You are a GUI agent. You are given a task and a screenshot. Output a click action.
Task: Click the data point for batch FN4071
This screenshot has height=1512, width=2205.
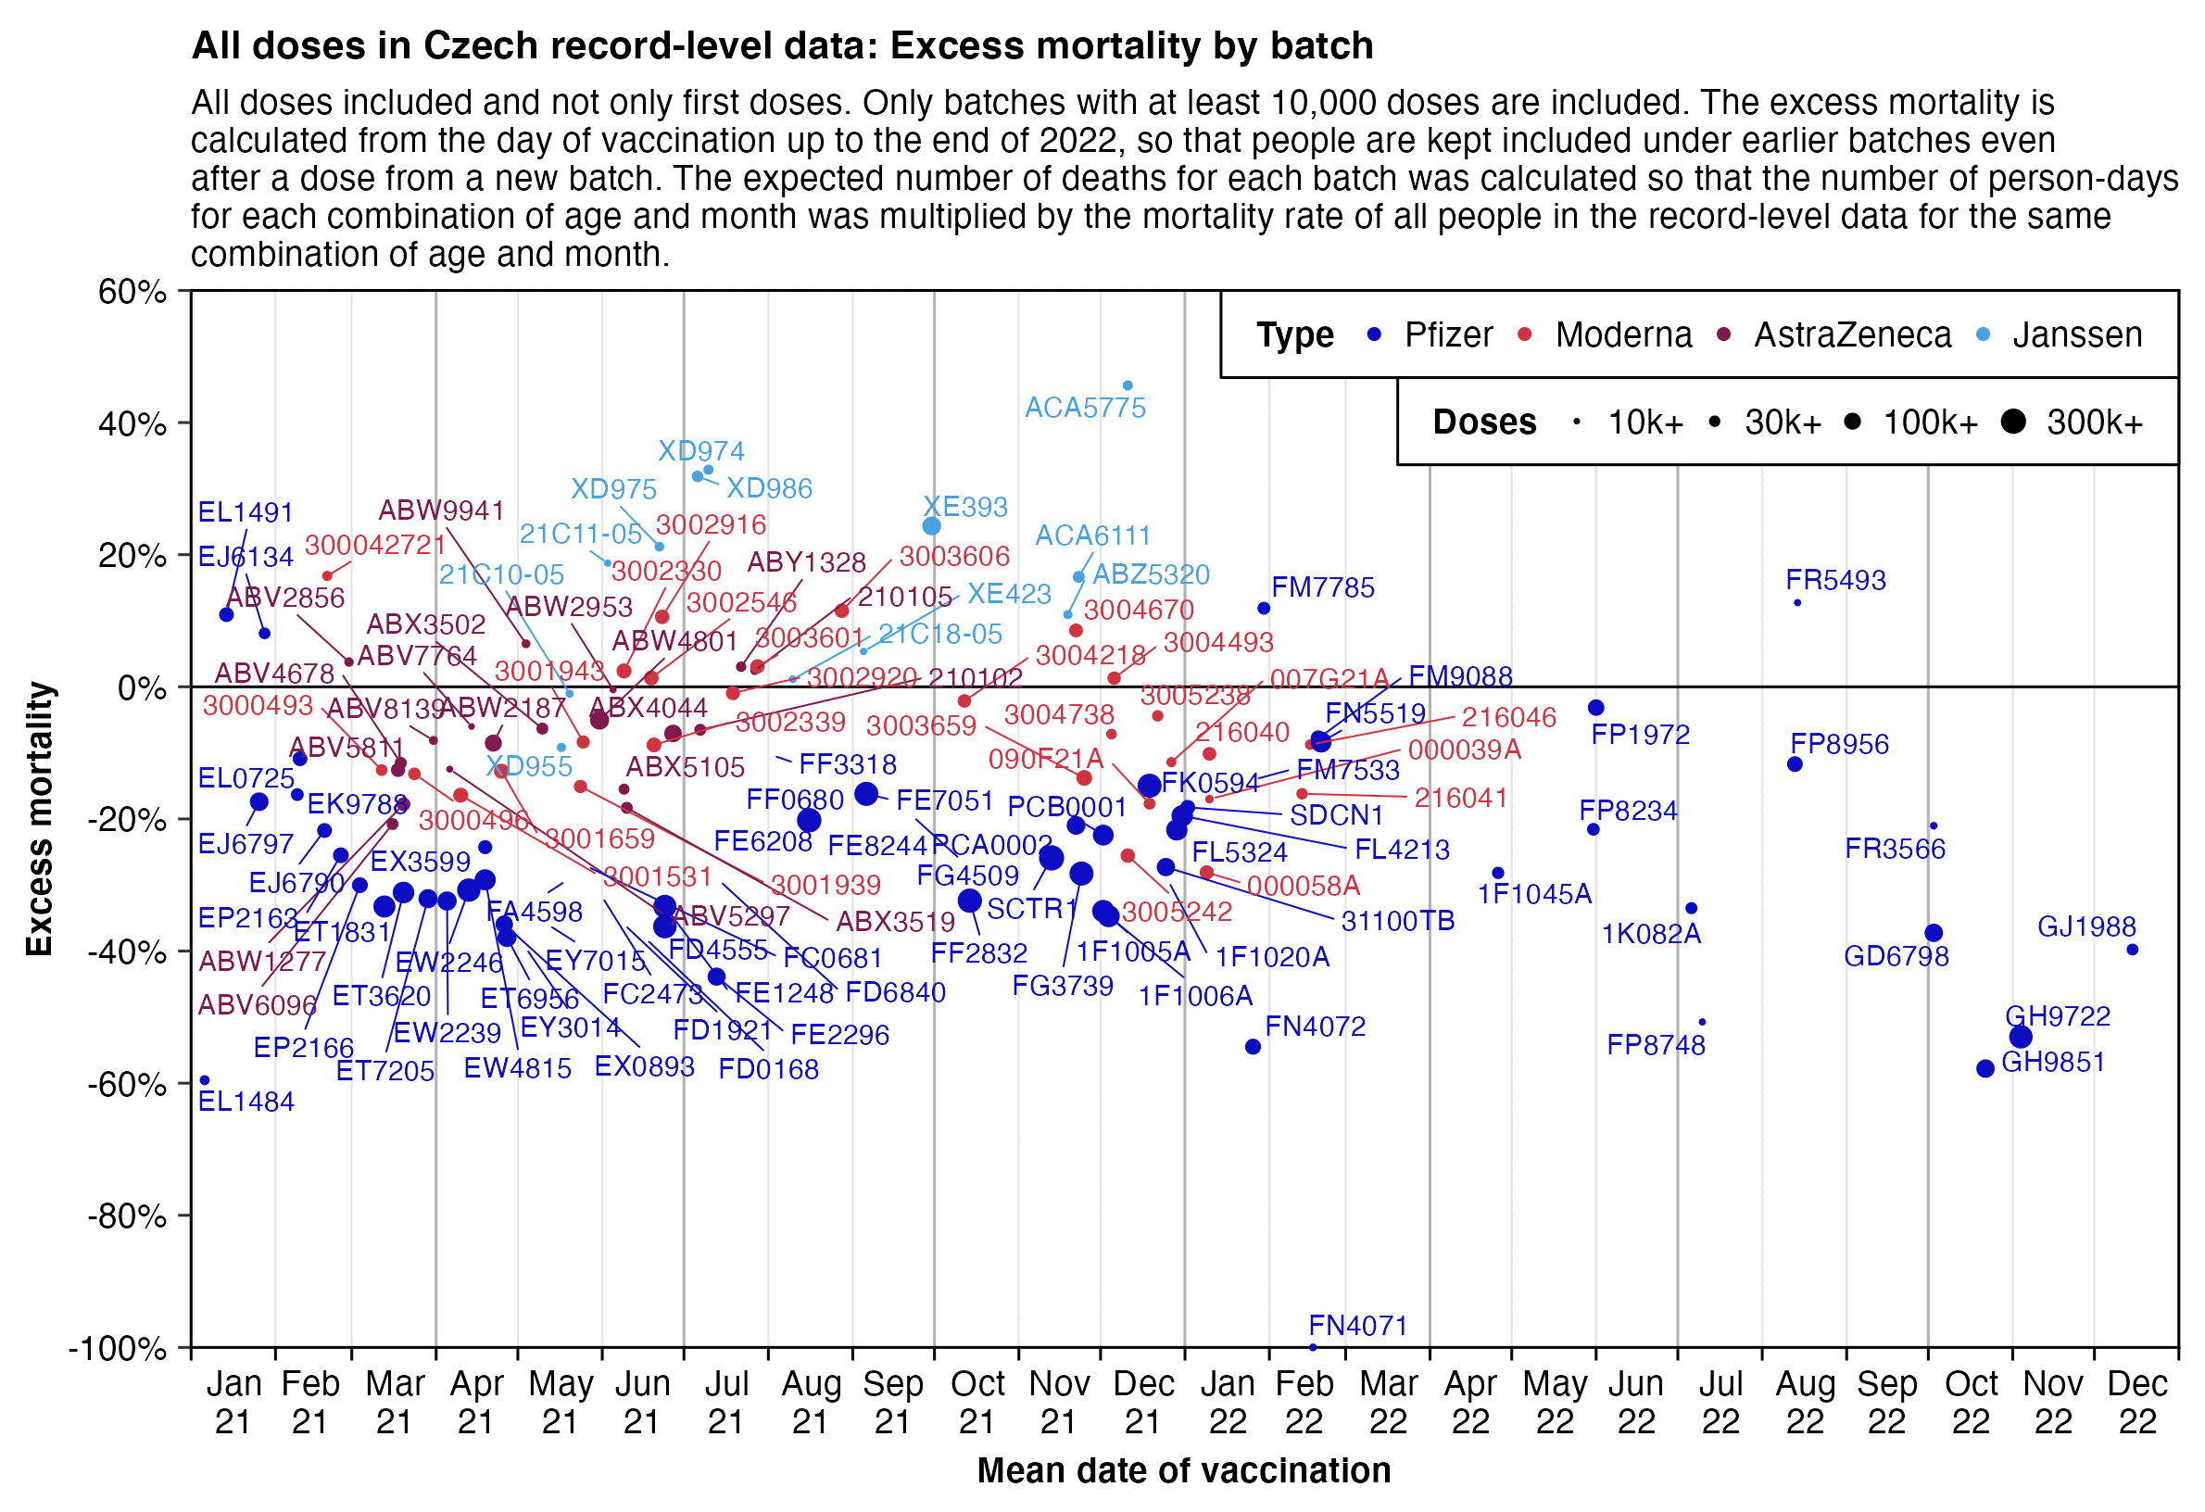point(1312,1347)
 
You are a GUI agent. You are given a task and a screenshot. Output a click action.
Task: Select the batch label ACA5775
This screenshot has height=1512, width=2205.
point(1085,408)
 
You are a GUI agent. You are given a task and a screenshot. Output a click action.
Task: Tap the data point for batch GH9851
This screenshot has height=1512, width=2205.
point(1984,1068)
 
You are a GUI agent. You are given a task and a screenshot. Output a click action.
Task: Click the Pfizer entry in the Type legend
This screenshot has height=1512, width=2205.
point(1448,334)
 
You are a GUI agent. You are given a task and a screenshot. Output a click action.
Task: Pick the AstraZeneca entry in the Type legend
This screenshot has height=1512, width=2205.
point(1852,334)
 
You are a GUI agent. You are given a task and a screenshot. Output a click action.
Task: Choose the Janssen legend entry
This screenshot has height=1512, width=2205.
point(2077,334)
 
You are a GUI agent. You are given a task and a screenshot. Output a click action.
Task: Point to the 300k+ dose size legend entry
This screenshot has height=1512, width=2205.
point(2094,422)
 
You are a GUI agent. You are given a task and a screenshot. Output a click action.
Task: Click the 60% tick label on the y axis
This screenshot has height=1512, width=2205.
point(132,292)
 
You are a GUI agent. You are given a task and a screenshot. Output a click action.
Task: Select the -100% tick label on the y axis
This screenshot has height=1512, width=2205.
point(119,1348)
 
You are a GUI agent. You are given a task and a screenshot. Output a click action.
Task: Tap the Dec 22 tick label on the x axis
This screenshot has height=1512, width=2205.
point(2136,1403)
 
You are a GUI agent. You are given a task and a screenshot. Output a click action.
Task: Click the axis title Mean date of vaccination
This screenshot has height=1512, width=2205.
point(1183,1470)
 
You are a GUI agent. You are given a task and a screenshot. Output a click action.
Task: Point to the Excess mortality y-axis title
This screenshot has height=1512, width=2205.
point(40,819)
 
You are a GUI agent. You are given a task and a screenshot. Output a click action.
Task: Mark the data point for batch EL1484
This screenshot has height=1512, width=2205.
point(205,1080)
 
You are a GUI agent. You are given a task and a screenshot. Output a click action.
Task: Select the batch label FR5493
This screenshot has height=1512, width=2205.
point(1835,581)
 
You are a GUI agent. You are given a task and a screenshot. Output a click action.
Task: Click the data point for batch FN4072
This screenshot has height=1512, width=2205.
point(1253,1046)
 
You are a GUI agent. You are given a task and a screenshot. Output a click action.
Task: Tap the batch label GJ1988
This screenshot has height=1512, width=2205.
point(2086,926)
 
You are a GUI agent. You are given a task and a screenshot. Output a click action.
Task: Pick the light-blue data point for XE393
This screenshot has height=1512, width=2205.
point(931,526)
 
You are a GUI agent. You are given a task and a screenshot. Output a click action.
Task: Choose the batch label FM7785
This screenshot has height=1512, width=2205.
point(1323,588)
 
